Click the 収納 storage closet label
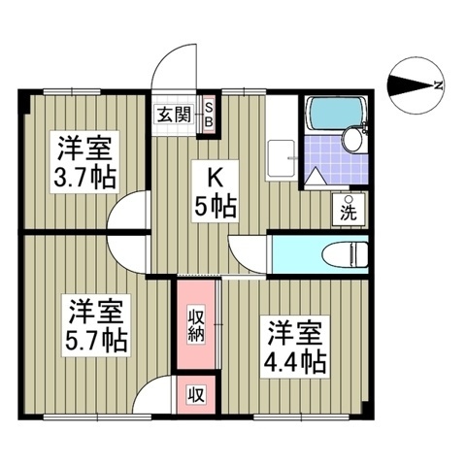tap(195, 324)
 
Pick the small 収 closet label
tap(195, 395)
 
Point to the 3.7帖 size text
tap(85, 180)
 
